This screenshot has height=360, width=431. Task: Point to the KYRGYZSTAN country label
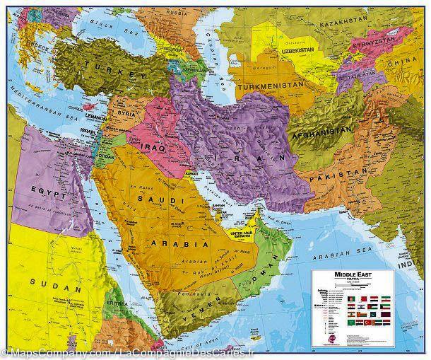click(389, 44)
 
